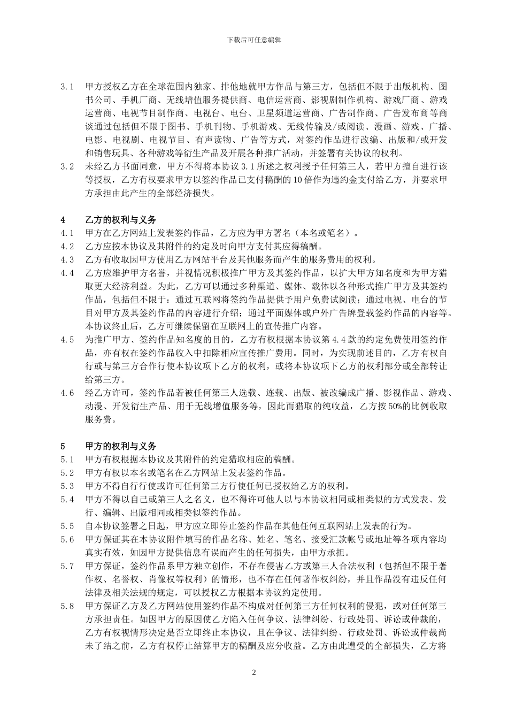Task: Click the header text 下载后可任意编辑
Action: point(254,40)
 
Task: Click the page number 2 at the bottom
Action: point(254,672)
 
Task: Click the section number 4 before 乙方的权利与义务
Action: point(63,220)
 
